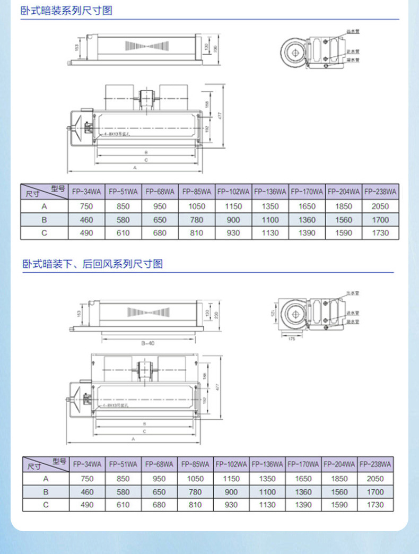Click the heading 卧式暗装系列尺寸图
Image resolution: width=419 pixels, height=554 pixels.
[67, 11]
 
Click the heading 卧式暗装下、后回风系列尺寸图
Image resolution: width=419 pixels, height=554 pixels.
[92, 264]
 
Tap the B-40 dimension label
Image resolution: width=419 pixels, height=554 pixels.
[148, 343]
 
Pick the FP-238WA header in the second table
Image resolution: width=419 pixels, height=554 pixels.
[375, 463]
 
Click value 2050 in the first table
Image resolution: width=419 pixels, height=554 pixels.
[380, 206]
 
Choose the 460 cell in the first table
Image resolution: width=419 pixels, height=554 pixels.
[86, 220]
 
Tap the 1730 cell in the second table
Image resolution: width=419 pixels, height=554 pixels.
[375, 505]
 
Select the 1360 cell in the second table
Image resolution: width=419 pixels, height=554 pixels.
[303, 492]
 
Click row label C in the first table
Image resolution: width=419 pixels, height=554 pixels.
[45, 232]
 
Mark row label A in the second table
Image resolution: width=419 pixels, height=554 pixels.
[46, 478]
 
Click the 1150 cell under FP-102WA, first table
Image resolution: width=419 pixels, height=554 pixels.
[233, 206]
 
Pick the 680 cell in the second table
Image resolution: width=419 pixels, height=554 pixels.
[159, 505]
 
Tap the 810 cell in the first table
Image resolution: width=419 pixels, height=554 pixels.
[196, 232]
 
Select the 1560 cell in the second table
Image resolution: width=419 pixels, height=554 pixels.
[339, 492]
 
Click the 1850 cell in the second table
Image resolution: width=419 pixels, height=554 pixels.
[339, 478]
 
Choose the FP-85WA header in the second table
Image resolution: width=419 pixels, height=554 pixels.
[195, 463]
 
